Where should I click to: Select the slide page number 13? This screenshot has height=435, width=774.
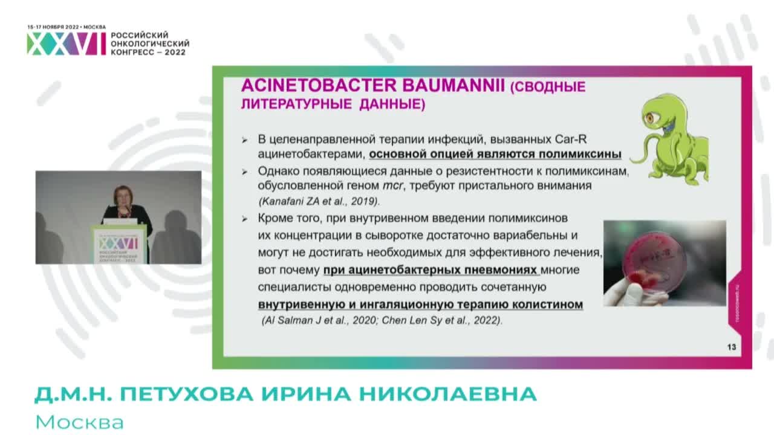click(x=731, y=347)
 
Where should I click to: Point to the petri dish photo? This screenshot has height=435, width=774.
click(x=664, y=263)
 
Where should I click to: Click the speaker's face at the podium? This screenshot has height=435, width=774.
click(x=123, y=197)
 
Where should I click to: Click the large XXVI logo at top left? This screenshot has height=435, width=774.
click(x=66, y=43)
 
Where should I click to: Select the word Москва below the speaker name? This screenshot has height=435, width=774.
click(x=79, y=421)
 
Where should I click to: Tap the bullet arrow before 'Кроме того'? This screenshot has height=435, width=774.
click(x=244, y=218)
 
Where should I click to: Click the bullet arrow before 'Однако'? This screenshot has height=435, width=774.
click(x=244, y=172)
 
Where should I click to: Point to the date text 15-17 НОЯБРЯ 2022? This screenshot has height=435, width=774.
click(x=53, y=27)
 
